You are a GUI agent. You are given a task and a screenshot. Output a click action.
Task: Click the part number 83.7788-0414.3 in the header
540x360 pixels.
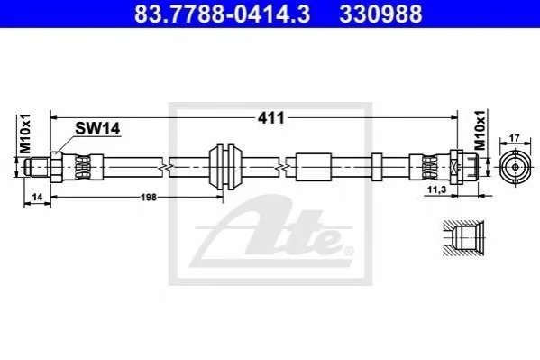(x=222, y=14)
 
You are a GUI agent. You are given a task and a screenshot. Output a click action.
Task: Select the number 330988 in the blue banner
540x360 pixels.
(x=380, y=14)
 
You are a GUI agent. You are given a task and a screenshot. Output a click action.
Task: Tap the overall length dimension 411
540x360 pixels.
(x=271, y=118)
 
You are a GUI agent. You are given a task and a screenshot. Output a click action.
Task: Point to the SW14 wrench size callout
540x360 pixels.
(x=97, y=129)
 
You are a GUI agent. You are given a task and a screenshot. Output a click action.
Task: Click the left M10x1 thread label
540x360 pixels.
(x=25, y=134)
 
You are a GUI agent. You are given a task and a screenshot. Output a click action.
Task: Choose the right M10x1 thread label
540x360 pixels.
(x=481, y=130)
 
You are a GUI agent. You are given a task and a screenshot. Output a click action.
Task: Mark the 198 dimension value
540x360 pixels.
(x=149, y=198)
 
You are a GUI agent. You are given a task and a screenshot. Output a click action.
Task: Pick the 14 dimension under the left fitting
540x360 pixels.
(x=37, y=197)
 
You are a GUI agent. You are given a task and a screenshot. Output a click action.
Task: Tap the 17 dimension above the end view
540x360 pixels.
(x=515, y=138)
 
